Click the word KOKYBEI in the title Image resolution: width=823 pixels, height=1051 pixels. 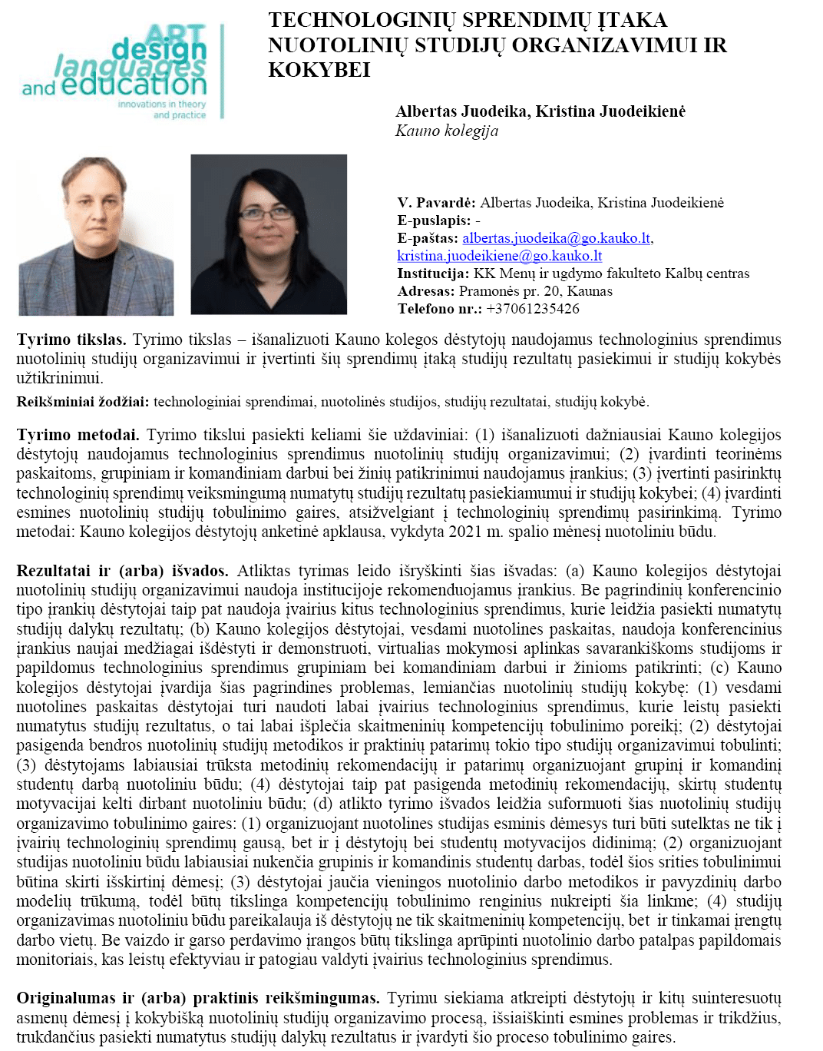319,70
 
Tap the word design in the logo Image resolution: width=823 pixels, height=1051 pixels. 159,51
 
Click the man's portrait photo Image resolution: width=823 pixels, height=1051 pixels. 96,235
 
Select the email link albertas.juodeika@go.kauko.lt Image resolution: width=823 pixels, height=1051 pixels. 557,238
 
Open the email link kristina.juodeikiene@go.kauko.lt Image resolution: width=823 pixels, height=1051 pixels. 499,256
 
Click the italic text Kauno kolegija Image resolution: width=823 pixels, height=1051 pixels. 447,131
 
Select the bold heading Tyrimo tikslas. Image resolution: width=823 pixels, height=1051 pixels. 71,340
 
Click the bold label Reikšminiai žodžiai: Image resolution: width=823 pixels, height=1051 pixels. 83,402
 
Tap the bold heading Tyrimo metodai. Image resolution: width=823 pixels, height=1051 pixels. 78,435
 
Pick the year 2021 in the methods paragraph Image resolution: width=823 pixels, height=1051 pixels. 464,532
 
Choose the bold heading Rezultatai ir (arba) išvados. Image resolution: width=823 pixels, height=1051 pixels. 122,571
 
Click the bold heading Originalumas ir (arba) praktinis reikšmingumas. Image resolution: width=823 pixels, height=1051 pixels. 198,998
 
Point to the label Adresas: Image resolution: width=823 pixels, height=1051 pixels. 425,291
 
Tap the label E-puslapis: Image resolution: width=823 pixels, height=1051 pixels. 434,220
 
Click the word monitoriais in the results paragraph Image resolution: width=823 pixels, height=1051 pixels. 56,960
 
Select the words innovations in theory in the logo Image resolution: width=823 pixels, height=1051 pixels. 161,104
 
